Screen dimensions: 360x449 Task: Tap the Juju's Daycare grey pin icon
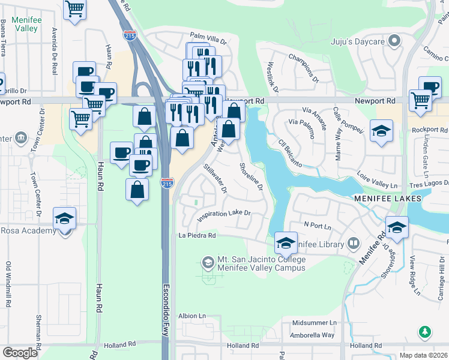[394, 41]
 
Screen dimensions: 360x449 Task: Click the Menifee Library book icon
[354, 244]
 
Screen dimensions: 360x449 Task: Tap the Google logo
[20, 353]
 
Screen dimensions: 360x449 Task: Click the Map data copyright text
[423, 355]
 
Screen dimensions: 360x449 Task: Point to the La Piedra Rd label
[197, 236]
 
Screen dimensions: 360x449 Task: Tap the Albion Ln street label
[192, 316]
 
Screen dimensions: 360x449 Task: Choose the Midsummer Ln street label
[314, 323]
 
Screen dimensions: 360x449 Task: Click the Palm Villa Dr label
[208, 38]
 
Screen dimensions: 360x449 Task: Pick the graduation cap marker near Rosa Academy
[65, 220]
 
